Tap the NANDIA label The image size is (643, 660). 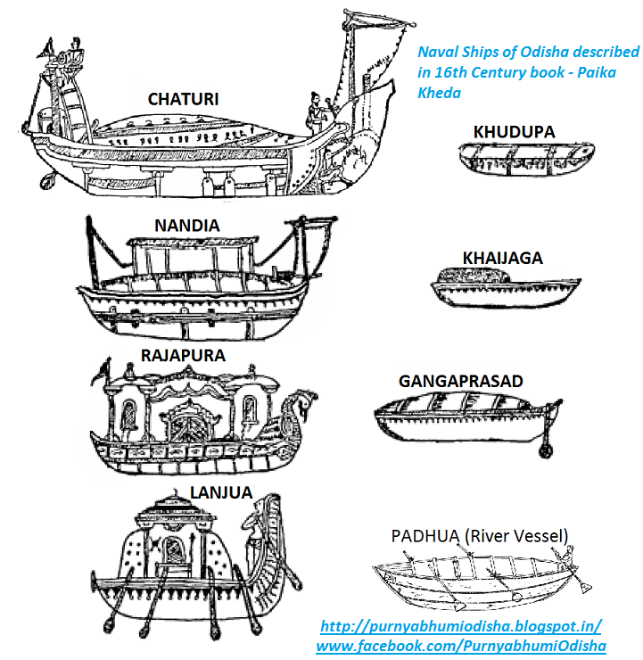pyautogui.click(x=186, y=225)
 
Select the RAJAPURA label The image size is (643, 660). pyautogui.click(x=183, y=355)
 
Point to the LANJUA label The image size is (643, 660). pyautogui.click(x=221, y=491)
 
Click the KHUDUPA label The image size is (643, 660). pyautogui.click(x=514, y=132)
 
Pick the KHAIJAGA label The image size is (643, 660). pyautogui.click(x=502, y=258)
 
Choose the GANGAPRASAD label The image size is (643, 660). pyautogui.click(x=461, y=381)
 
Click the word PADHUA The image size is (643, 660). pyautogui.click(x=425, y=535)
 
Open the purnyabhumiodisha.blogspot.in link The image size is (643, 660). pyautogui.click(x=460, y=626)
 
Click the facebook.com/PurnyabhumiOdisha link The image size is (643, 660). pyautogui.click(x=461, y=645)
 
